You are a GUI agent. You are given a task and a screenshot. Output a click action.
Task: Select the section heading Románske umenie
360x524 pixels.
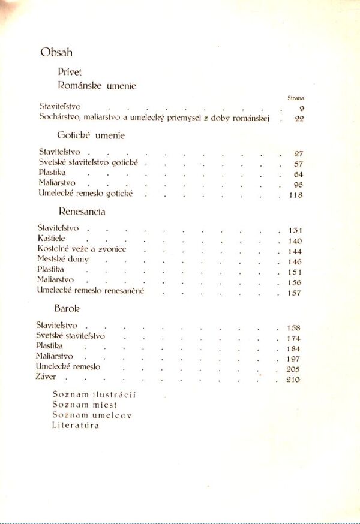tap(97, 86)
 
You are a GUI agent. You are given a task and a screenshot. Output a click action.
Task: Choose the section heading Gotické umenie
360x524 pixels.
tap(91, 135)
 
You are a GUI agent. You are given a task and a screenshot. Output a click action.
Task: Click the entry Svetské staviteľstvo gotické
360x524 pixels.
tap(89, 163)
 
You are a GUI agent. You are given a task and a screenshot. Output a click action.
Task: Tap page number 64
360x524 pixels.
tap(298, 174)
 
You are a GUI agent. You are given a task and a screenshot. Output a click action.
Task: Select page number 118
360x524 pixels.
tap(295, 195)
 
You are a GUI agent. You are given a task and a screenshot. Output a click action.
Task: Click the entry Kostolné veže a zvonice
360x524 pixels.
tap(82, 249)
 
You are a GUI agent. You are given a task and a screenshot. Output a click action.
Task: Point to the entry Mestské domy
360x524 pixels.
tap(63, 260)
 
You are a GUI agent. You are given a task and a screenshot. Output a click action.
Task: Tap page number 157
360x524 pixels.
tap(294, 293)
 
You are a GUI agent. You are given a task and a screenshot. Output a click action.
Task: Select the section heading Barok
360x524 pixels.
tap(67, 308)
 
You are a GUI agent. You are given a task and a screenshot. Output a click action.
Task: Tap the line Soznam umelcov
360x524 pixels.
tap(91, 415)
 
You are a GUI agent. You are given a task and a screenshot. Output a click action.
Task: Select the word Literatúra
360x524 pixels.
tap(76, 426)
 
